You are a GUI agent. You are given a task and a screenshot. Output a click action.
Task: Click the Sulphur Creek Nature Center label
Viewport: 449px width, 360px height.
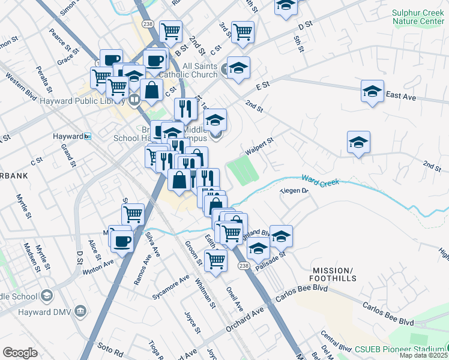417,16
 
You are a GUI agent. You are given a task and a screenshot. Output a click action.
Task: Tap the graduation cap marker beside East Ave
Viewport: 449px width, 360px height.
372,92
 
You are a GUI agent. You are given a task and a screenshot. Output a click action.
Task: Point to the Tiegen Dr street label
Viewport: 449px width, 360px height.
294,191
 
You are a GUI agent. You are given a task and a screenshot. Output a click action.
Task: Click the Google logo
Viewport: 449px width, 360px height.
20,353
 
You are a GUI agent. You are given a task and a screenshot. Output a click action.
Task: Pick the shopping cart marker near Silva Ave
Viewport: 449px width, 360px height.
133,214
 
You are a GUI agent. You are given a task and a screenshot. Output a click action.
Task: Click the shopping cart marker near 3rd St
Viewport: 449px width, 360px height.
243,32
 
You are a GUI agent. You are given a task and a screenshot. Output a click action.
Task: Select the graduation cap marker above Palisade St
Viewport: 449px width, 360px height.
280,236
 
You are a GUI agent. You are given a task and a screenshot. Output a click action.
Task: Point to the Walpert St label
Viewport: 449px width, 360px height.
259,145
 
